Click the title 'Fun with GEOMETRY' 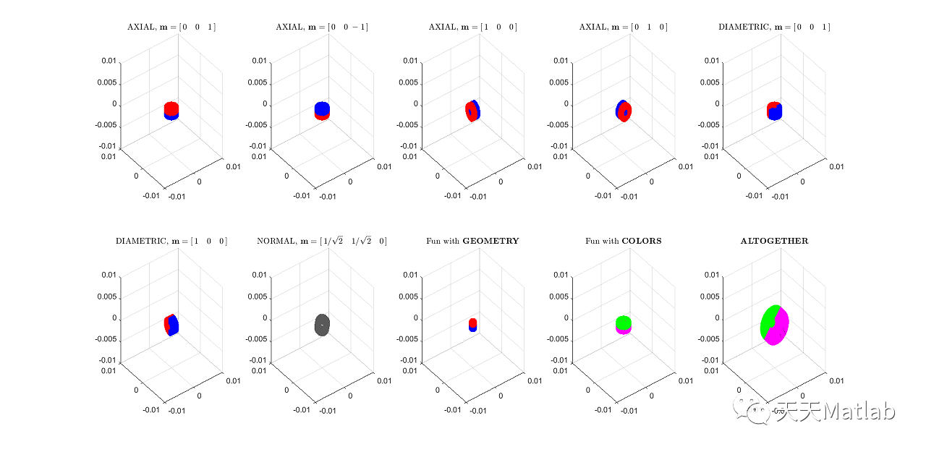(472, 241)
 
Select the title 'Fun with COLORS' (623, 241)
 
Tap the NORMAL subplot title (322, 241)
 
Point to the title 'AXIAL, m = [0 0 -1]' (322, 27)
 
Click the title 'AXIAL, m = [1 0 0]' (472, 27)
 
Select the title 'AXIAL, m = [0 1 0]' (623, 27)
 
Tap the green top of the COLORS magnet (623, 321)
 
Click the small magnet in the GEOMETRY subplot (472, 324)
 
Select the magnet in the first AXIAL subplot (171, 110)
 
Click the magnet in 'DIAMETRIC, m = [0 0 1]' (775, 111)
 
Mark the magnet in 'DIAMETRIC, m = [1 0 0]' (171, 325)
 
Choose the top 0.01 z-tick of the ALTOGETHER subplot (710, 275)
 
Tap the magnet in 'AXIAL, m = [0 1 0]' (623, 111)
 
